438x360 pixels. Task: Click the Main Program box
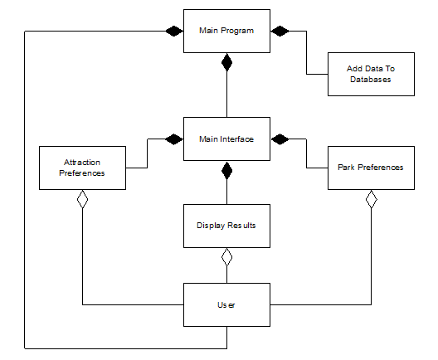click(226, 31)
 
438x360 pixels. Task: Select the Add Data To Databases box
click(371, 75)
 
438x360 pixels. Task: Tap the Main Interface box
click(226, 139)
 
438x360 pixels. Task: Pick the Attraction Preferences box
click(82, 168)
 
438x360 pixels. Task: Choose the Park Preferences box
click(371, 168)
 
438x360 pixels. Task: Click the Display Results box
click(226, 226)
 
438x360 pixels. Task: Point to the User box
click(226, 304)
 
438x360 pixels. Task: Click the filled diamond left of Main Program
click(174, 31)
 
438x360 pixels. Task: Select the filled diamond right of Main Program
click(280, 31)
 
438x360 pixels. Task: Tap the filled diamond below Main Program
click(226, 62)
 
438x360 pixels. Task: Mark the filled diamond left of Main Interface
click(174, 139)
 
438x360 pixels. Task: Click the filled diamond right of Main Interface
click(280, 139)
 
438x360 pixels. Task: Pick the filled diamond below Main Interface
click(226, 170)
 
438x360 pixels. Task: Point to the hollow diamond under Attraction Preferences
click(82, 199)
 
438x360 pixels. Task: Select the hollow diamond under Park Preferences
click(372, 199)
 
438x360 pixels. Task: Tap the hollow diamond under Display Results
click(226, 257)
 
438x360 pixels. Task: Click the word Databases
click(371, 80)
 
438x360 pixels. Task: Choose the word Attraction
click(82, 163)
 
